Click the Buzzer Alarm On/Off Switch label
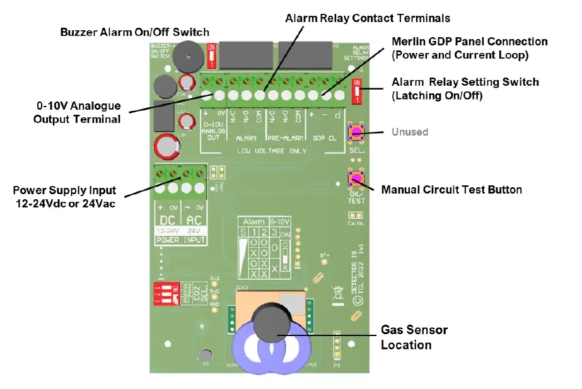[134, 32]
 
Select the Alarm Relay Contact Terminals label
[368, 18]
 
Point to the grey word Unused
[410, 132]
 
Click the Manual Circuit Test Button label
[451, 189]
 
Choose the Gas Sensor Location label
[414, 337]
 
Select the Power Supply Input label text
[64, 195]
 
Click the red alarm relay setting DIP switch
[358, 93]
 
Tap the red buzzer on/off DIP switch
[212, 55]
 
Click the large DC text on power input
[169, 219]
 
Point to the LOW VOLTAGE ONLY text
[272, 151]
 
